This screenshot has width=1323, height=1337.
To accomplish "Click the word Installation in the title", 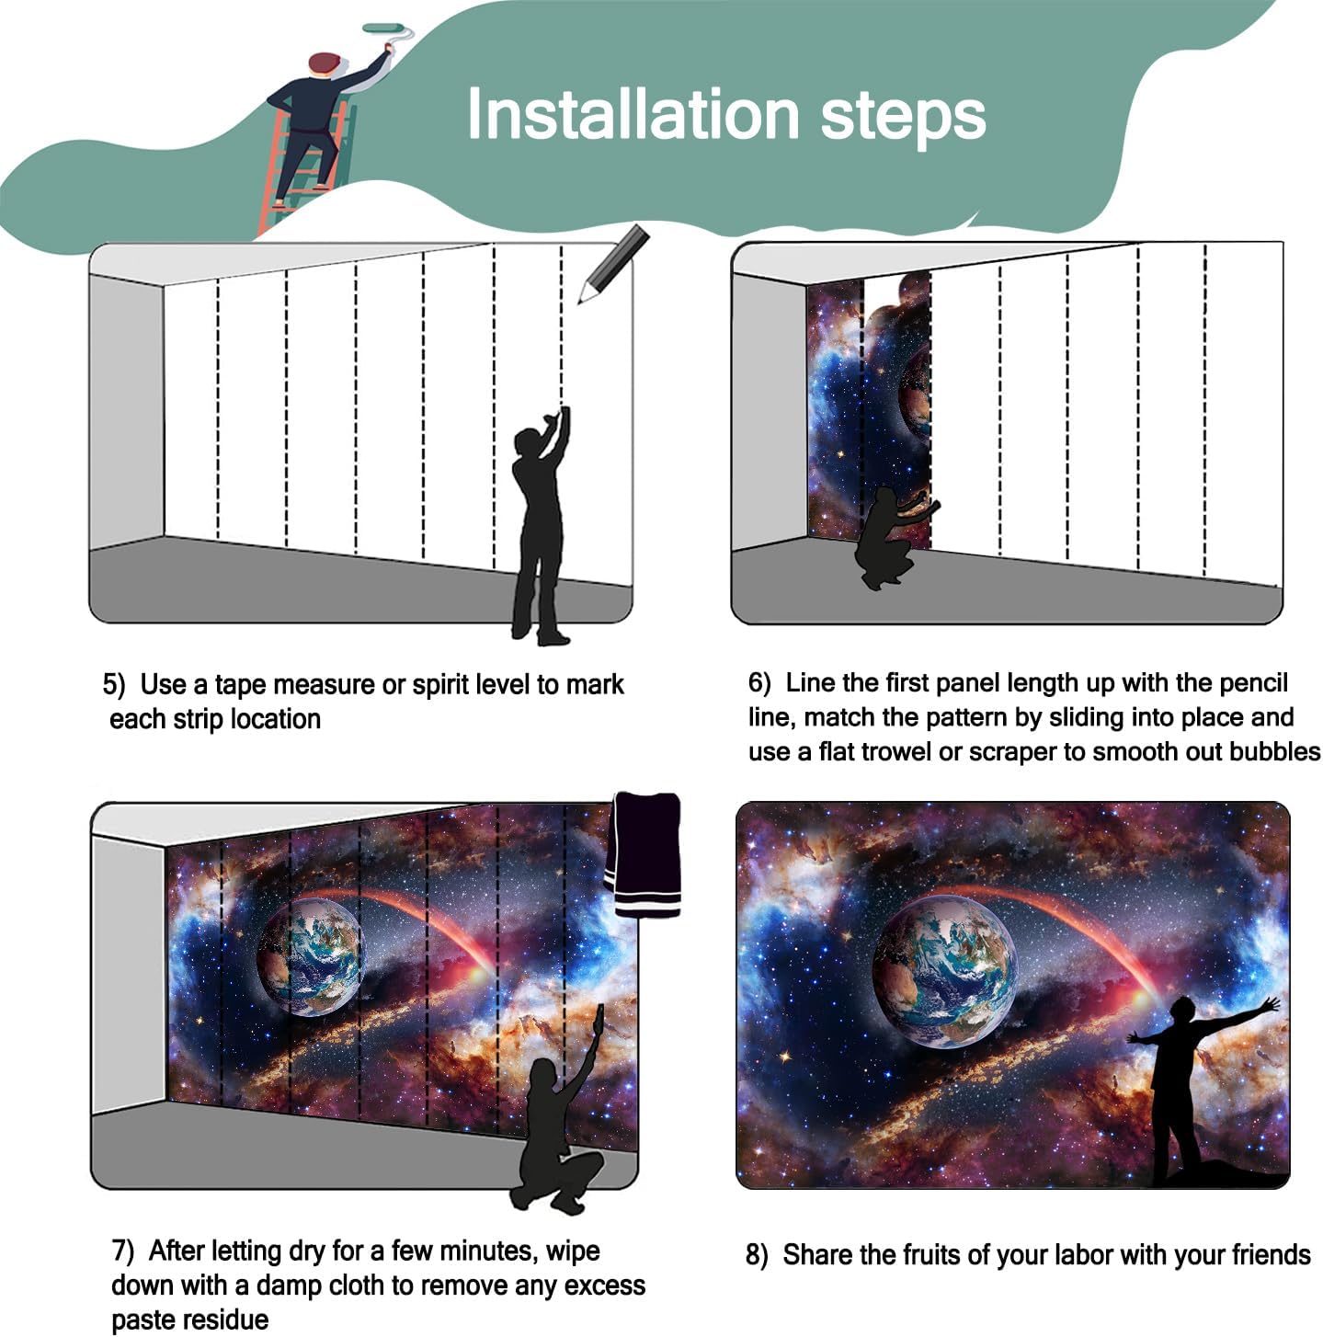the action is (x=633, y=113).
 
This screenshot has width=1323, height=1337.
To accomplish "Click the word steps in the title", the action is (x=903, y=119).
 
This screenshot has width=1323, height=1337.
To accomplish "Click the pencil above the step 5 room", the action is (x=612, y=263).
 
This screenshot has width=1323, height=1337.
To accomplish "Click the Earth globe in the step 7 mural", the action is (x=310, y=956).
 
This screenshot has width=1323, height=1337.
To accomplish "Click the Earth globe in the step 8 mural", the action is (x=944, y=971).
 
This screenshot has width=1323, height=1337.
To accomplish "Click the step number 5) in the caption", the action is (x=114, y=685).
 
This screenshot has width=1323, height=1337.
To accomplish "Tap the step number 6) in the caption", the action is (x=759, y=682).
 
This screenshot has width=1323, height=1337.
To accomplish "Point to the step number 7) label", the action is (x=123, y=1251).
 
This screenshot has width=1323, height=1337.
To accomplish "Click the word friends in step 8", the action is (x=1271, y=1254).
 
